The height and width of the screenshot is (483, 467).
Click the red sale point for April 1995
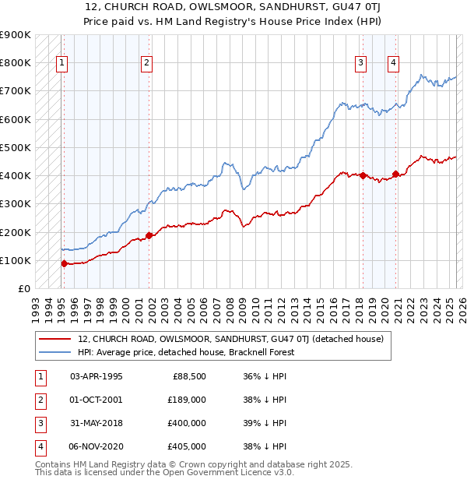65,263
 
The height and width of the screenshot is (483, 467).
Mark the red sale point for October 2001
149,234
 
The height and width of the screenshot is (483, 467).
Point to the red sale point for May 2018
363,175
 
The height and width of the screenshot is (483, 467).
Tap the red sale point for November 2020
396,174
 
